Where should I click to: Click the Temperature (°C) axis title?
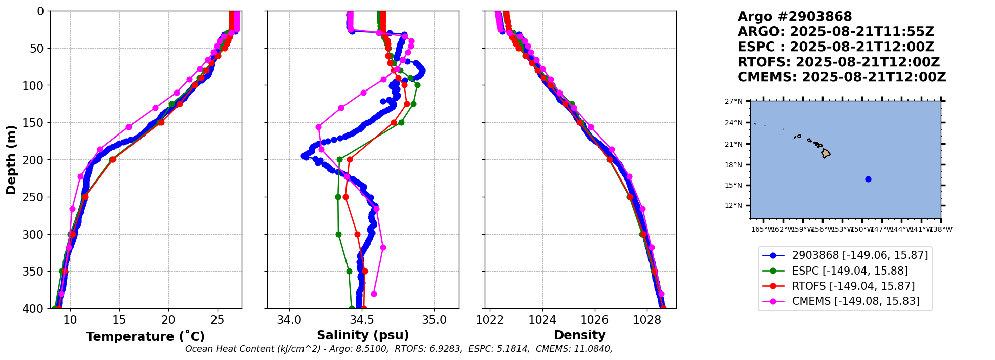tap(145, 336)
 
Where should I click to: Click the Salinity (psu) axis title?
tap(363, 335)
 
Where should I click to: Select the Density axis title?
tap(580, 335)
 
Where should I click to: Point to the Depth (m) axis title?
tap(11, 160)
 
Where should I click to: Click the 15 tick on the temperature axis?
tap(119, 320)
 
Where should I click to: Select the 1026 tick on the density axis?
tap(594, 320)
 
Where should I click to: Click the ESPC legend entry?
tap(849, 271)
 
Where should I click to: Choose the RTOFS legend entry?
tap(853, 286)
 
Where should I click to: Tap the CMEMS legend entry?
tap(855, 301)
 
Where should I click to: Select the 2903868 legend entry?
tap(859, 255)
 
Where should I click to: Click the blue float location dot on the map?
tap(868, 179)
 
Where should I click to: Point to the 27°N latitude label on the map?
tap(733, 102)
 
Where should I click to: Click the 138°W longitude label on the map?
tap(941, 229)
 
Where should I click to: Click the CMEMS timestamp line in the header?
tap(841, 77)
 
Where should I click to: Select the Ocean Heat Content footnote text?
tap(398, 349)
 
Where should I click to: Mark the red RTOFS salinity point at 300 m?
tap(357, 234)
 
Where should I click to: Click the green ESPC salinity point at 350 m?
tap(349, 271)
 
